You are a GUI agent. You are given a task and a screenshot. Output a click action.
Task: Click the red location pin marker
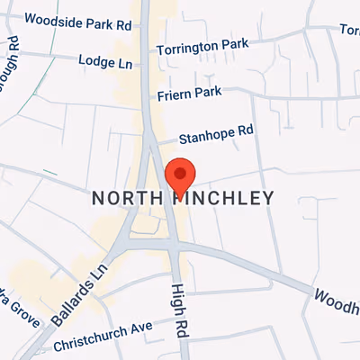(x=181, y=174)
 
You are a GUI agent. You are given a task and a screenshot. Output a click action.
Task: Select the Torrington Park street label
(x=203, y=46)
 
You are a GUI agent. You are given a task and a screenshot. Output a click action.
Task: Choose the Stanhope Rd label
(x=216, y=135)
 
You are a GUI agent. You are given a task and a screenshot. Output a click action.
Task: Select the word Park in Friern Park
(x=207, y=92)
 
